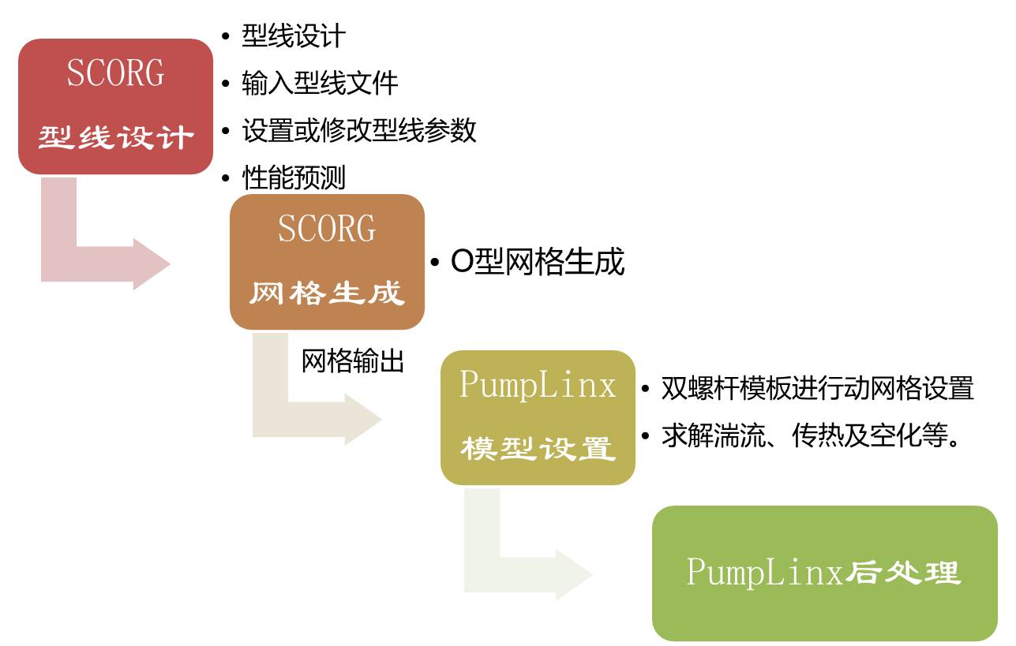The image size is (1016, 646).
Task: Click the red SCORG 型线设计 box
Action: [x=115, y=106]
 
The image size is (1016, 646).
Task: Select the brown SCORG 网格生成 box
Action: [x=327, y=262]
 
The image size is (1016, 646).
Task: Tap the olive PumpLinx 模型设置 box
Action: [x=538, y=417]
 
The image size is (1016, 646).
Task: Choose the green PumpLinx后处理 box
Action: [x=824, y=573]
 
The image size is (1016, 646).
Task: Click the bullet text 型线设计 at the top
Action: [x=293, y=35]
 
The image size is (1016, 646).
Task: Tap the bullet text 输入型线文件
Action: [x=319, y=83]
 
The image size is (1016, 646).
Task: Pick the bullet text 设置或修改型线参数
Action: [x=358, y=130]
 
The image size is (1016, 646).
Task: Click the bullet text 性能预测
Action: [x=293, y=177]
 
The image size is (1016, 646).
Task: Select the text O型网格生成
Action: [x=537, y=262]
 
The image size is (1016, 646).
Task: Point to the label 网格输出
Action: [x=352, y=361]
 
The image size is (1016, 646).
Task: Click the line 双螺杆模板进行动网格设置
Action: [x=817, y=388]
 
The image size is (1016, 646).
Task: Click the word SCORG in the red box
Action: [x=115, y=73]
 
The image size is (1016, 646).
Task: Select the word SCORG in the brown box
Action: [x=327, y=229]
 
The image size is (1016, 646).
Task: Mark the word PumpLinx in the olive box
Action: [x=538, y=384]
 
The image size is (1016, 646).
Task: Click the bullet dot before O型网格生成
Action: [x=435, y=263]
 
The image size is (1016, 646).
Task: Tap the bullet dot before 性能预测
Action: [x=227, y=178]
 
